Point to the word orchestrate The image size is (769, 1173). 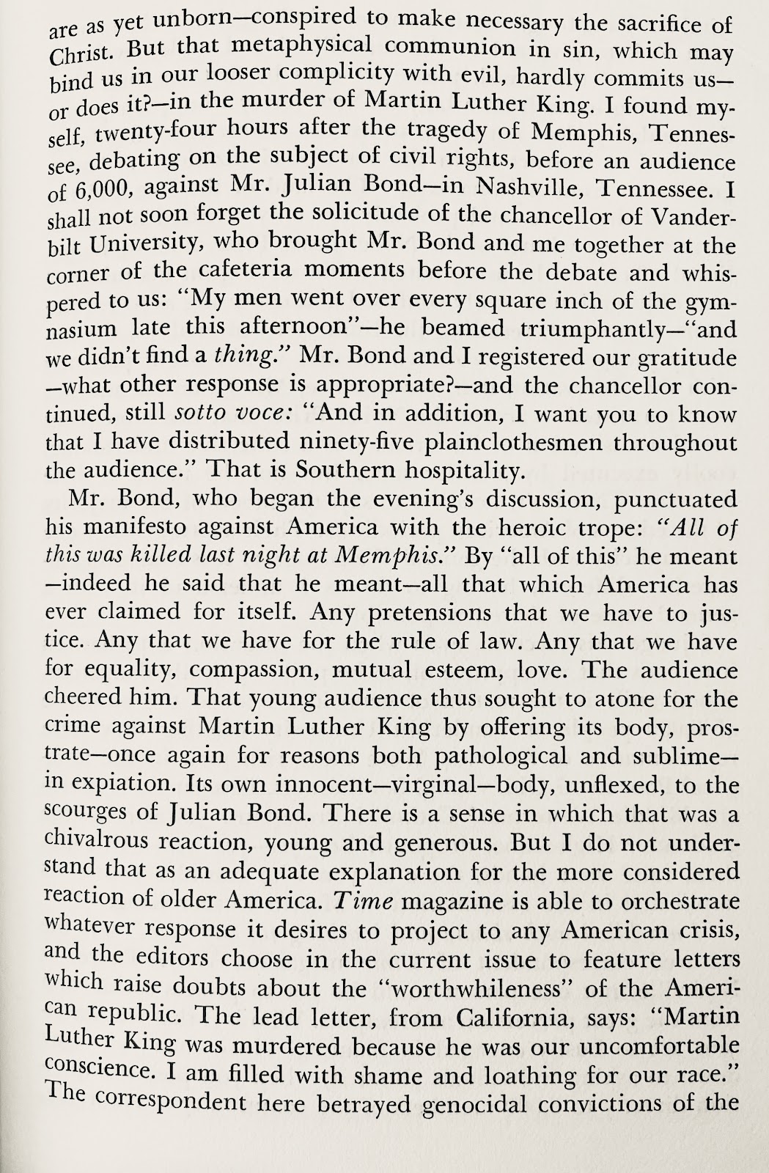pos(663,901)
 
